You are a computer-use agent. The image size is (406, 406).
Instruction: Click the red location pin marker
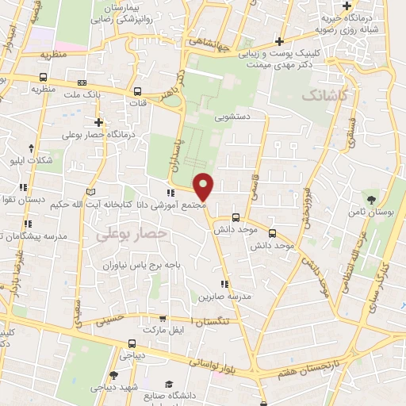coord(204,187)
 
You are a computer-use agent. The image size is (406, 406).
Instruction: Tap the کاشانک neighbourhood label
coord(324,95)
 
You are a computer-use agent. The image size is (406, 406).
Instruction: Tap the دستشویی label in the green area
coord(235,116)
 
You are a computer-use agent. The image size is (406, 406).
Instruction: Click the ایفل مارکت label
coord(166,328)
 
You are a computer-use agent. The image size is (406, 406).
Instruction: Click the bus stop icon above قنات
coord(138,90)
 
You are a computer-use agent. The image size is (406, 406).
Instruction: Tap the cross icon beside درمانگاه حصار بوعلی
coord(98,122)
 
